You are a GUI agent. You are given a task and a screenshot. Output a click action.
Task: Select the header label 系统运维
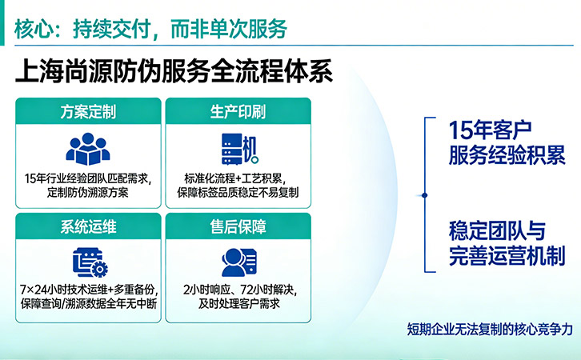point(88,226)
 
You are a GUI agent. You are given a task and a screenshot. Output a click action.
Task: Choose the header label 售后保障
point(238,226)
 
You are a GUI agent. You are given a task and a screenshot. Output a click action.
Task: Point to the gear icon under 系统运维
point(100,267)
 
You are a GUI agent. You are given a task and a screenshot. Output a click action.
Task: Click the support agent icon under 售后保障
point(238,262)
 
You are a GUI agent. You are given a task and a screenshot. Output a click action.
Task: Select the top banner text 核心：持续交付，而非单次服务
point(150,29)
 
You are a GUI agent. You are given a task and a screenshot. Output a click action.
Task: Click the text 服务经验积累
point(507,154)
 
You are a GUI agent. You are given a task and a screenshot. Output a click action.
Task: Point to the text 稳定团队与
point(497,231)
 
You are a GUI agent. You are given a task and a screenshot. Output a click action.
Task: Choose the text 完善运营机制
point(507,256)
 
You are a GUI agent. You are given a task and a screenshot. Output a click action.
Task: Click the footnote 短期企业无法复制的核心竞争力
point(490,329)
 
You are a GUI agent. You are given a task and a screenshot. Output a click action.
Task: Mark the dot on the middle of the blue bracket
point(427,194)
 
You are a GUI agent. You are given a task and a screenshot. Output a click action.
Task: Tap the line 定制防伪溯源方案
point(88,192)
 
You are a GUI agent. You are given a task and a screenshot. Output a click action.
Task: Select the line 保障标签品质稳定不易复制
point(238,192)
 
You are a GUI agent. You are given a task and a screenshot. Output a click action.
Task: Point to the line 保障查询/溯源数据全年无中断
point(88,303)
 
